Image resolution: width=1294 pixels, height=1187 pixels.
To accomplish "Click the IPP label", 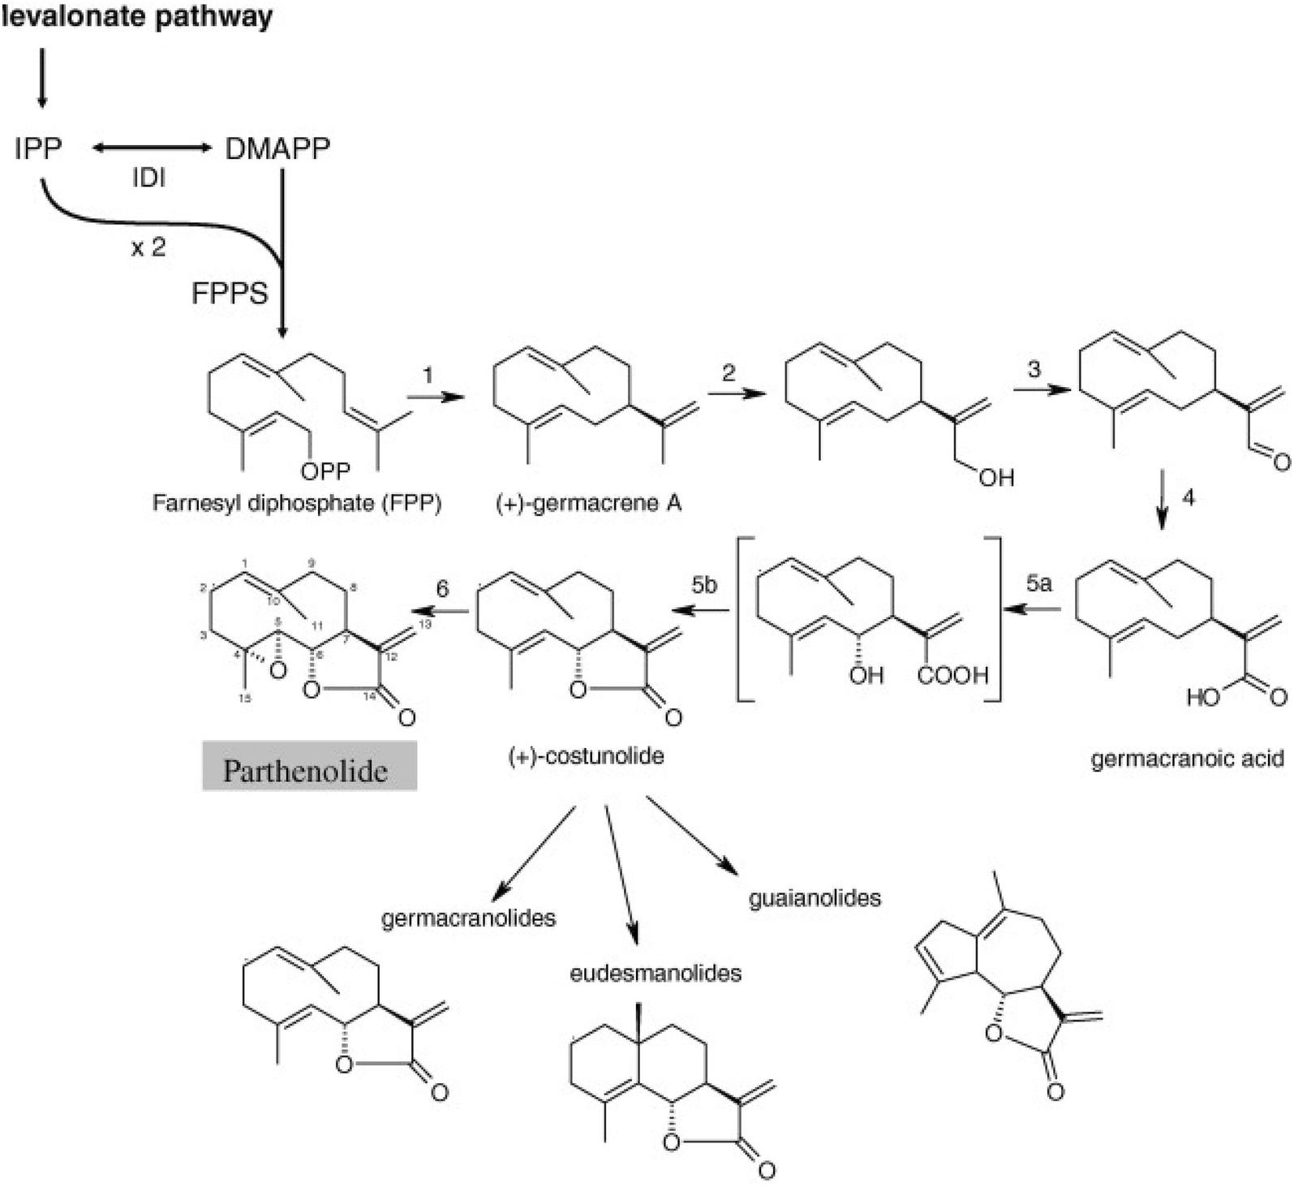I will tap(37, 148).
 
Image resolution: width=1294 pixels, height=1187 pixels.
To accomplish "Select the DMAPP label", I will tap(277, 148).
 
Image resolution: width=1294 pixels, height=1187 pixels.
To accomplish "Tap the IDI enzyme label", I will tap(148, 178).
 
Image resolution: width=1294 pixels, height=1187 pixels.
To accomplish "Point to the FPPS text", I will tap(230, 293).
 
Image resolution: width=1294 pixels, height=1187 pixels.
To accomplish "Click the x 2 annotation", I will tap(148, 247).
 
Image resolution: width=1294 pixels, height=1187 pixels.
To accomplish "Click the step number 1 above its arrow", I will tap(428, 375).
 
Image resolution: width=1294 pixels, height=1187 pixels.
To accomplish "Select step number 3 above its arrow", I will tap(1034, 369).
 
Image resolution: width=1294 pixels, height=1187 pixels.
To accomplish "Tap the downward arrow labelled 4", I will tap(1163, 500).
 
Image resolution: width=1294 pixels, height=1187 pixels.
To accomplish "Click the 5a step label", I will tap(1039, 583).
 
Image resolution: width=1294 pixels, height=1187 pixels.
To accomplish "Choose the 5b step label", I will tap(704, 585).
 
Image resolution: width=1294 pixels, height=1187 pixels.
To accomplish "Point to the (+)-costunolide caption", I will tap(586, 756).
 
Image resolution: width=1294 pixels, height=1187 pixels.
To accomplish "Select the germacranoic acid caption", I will tap(1187, 759).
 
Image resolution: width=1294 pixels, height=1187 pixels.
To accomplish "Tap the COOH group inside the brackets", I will tap(953, 674).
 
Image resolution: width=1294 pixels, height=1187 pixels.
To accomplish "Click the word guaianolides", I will tap(815, 898).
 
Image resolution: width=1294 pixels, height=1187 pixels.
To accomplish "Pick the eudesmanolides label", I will tap(656, 972).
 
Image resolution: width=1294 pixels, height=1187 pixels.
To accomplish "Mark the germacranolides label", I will tap(468, 918).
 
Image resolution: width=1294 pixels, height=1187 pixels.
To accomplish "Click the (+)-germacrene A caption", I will tap(589, 503).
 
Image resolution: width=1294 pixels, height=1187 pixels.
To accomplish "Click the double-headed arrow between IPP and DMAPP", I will tap(151, 148).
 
